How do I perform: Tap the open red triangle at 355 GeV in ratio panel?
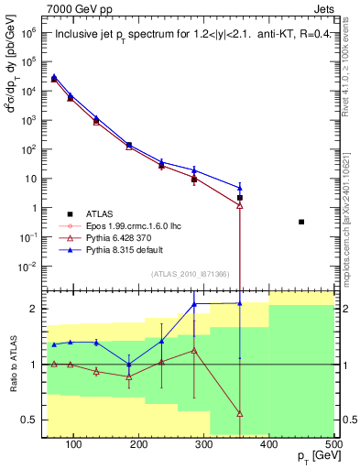click(x=240, y=414)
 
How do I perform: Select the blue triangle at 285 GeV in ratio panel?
click(x=194, y=304)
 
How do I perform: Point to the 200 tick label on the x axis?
click(x=138, y=444)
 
